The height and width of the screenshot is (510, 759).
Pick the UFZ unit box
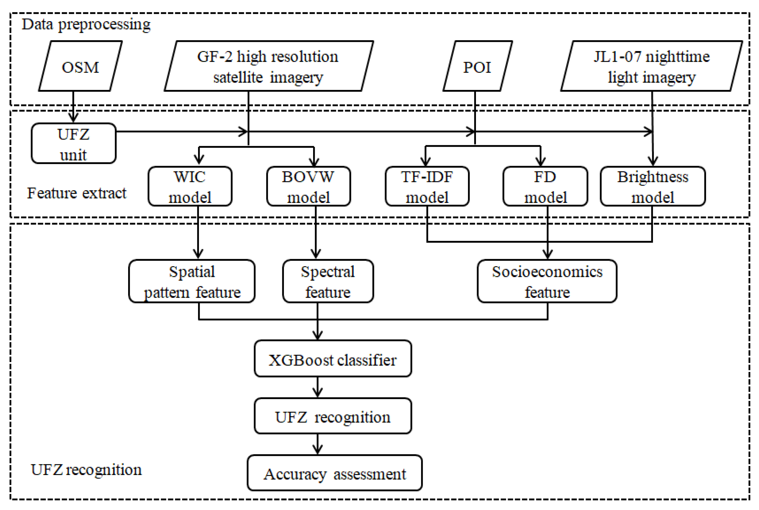73,143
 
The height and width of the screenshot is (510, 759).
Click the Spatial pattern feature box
192,281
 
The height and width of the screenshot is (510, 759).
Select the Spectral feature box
328,281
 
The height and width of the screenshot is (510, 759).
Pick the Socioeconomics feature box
547,281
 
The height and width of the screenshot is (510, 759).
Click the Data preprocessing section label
86,25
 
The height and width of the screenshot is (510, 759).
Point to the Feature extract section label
77,193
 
